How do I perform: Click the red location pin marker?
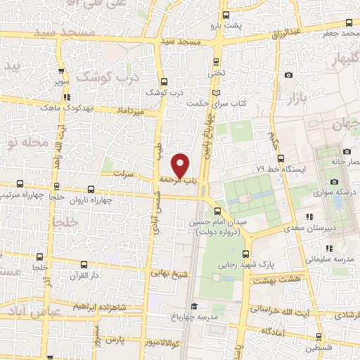pos(181,165)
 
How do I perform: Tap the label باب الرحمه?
pos(179,181)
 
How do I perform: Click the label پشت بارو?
pos(225,26)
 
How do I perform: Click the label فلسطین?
pos(319,348)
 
